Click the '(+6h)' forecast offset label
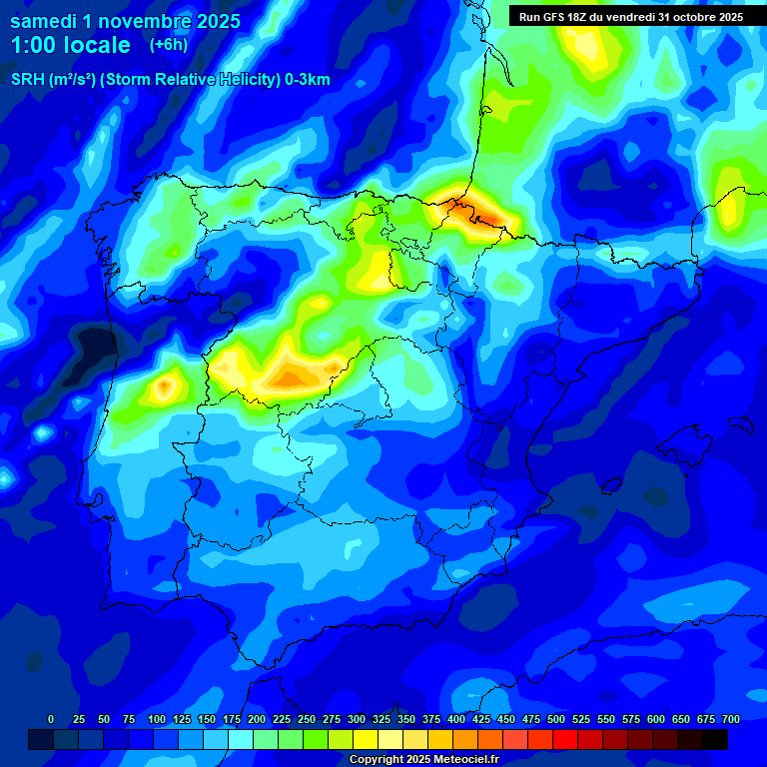click(168, 45)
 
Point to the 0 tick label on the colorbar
click(51, 719)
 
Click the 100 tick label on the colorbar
click(156, 719)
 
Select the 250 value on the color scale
click(307, 719)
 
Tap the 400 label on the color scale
click(456, 719)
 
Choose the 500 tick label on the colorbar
click(556, 719)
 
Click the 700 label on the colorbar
click(731, 719)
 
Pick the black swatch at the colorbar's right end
click(715, 739)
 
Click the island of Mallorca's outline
click(711, 440)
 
